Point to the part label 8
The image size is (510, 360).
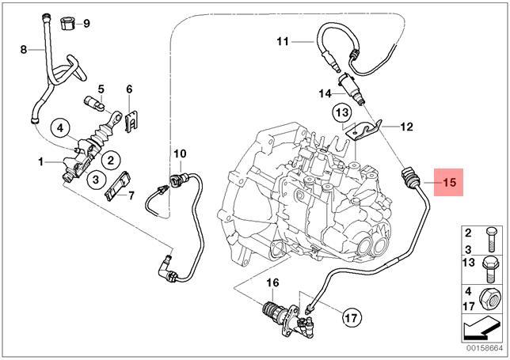click(24, 50)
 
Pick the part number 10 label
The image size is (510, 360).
click(179, 153)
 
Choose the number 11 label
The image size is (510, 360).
click(283, 40)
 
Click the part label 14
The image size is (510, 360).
click(325, 93)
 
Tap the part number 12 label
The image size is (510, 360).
click(406, 126)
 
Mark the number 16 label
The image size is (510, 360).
click(272, 282)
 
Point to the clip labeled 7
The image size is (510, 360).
click(117, 188)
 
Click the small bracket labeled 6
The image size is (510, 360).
click(132, 119)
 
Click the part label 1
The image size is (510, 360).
click(40, 162)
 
